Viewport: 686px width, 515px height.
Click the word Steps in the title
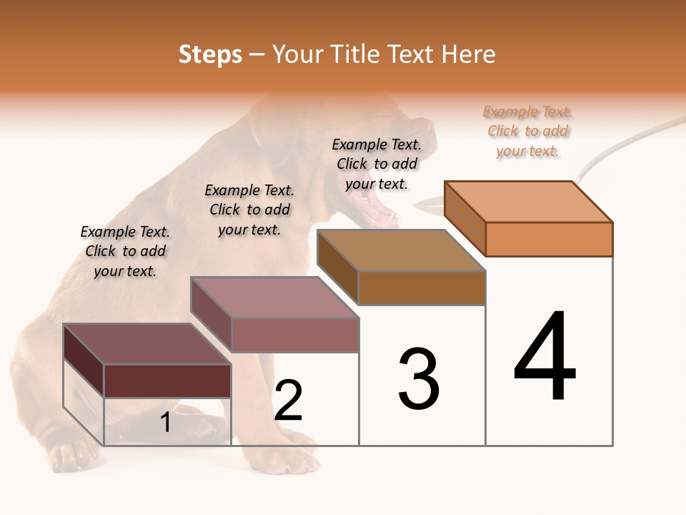point(210,54)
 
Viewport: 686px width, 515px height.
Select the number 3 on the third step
point(418,379)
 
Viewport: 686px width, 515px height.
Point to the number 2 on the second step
point(288,401)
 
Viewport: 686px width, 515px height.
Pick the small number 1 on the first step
point(165,422)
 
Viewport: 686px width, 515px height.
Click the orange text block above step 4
point(527,131)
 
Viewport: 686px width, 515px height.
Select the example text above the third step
point(377,164)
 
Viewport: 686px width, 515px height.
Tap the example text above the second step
point(249,210)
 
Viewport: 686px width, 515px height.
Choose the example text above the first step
point(125,251)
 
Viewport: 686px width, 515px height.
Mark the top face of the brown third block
point(402,250)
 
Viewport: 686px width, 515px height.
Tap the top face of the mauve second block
point(274,298)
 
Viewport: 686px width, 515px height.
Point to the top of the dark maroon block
point(147,344)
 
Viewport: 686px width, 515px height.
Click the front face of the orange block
point(549,239)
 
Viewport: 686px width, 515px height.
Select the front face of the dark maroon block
point(167,381)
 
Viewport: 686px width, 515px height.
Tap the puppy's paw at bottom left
point(71,454)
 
